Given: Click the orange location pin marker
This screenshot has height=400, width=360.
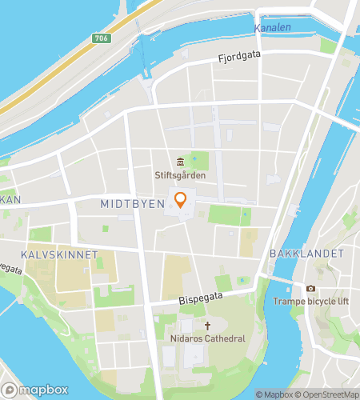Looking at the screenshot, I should click(x=181, y=199).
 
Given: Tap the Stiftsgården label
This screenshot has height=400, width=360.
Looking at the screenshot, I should click(x=180, y=175).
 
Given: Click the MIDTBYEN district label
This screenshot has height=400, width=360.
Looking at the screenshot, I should click(x=133, y=205).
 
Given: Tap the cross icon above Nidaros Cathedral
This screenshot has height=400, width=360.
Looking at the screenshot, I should click(x=208, y=326).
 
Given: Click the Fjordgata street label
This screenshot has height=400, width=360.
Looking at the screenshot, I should click(x=241, y=58).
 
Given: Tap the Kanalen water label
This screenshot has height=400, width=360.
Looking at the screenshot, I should click(x=273, y=28).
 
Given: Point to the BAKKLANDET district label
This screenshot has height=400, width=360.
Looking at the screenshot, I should click(x=307, y=254).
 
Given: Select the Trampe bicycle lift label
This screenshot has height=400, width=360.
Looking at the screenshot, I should click(x=310, y=302).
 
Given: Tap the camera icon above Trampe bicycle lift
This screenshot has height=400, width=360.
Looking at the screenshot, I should click(x=310, y=288).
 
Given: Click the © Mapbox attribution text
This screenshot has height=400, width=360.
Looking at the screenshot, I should click(x=274, y=394).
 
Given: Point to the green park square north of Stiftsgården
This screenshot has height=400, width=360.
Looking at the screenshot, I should click(x=200, y=161).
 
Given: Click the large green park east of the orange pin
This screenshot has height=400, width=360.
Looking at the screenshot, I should click(x=230, y=214).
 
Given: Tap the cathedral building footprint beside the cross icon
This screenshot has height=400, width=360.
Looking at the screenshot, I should click(x=188, y=328).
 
